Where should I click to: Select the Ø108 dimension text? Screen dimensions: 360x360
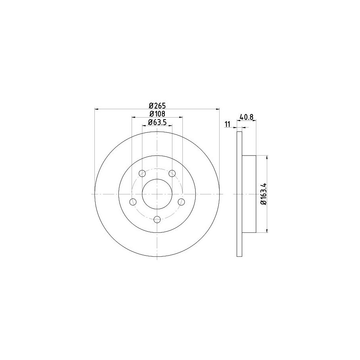[x=157, y=114]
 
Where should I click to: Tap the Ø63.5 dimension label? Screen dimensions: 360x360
[x=157, y=122]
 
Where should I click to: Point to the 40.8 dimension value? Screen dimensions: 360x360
[x=246, y=117]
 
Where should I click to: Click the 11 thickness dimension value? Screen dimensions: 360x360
[x=227, y=124]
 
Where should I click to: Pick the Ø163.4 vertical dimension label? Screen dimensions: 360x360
[x=263, y=194]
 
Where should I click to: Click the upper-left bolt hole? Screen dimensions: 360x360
[x=142, y=173]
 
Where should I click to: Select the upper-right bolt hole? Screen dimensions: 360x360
[x=172, y=173]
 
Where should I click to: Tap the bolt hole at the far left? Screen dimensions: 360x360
[x=133, y=202]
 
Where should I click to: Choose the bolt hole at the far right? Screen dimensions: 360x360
[x=181, y=202]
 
